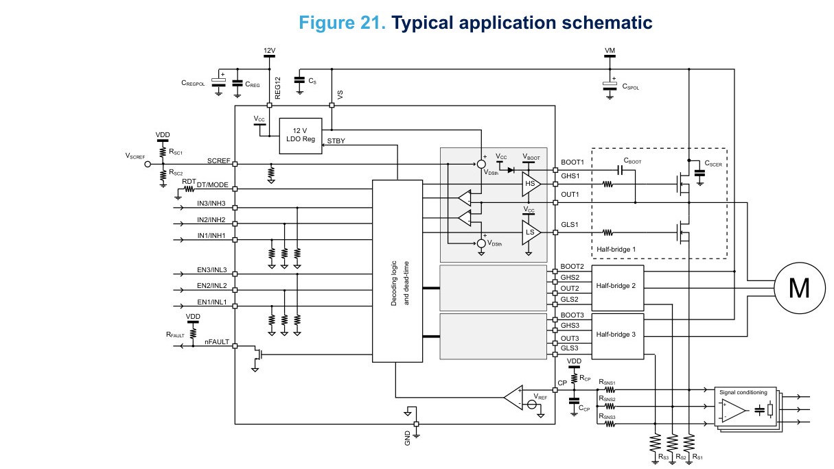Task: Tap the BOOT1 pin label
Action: click(x=572, y=162)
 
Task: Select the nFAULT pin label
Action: click(x=217, y=341)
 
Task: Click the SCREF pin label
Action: click(x=218, y=160)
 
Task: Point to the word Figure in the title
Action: click(x=327, y=23)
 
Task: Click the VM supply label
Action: click(x=610, y=50)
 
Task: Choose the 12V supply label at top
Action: click(x=269, y=50)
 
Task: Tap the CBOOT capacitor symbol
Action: click(x=620, y=170)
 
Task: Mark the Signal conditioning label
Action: click(x=743, y=392)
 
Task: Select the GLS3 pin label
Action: click(x=569, y=348)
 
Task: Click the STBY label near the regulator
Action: click(x=336, y=141)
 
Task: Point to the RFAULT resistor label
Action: click(x=175, y=335)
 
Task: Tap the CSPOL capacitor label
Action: click(x=631, y=86)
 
